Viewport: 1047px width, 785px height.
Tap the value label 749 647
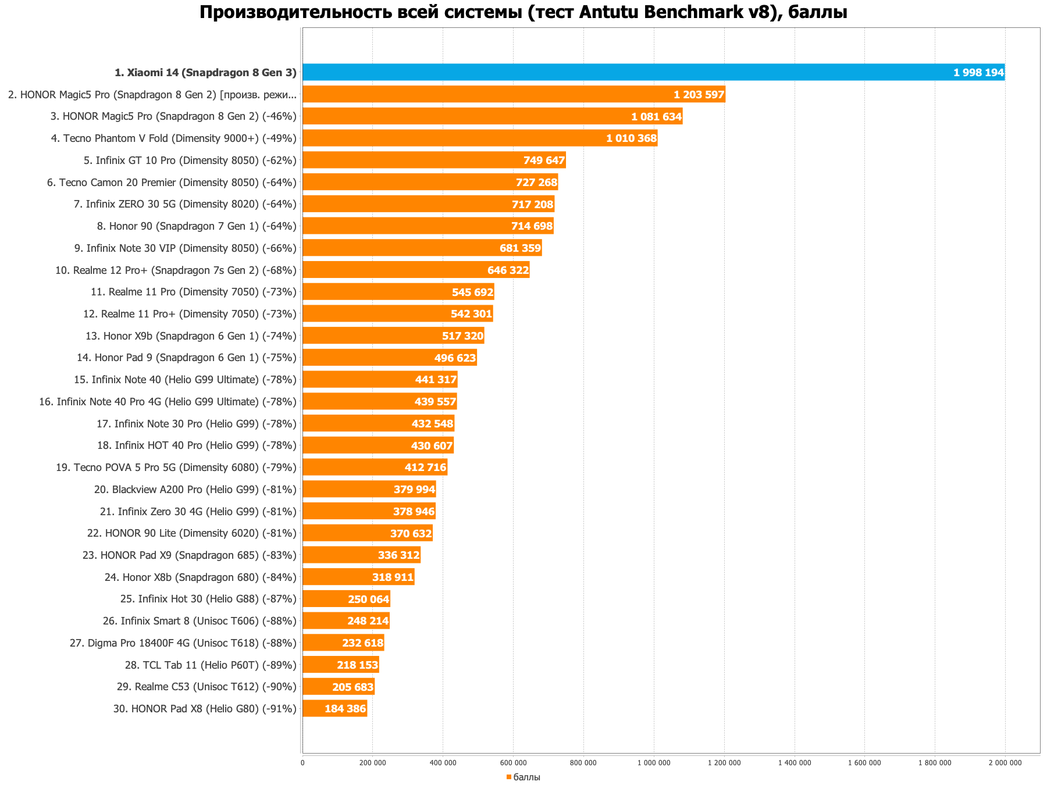tap(544, 160)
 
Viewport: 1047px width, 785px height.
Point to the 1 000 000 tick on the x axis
tap(654, 763)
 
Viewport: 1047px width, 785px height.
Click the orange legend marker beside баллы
tap(508, 777)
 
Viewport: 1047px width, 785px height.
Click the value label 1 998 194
tap(978, 73)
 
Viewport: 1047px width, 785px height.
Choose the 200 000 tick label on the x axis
tap(372, 763)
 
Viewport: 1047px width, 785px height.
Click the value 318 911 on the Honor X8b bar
tap(393, 577)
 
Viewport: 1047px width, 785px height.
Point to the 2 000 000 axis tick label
tap(1005, 763)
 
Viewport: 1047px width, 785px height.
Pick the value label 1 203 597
tap(699, 95)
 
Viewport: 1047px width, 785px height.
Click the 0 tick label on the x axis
tap(302, 763)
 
